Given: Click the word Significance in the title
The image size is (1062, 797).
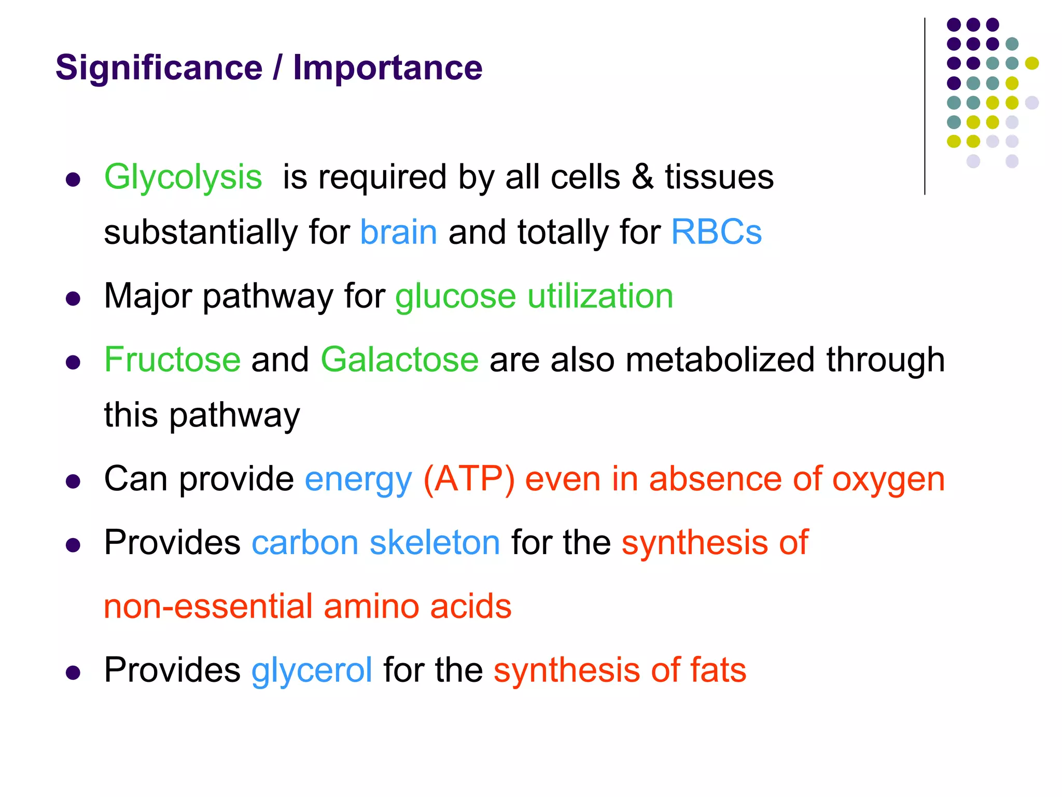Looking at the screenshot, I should tap(159, 68).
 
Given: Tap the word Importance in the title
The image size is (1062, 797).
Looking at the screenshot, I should tap(387, 68).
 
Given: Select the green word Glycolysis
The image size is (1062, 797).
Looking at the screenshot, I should tap(183, 177).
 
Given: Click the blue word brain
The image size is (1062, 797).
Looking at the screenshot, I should tap(398, 232).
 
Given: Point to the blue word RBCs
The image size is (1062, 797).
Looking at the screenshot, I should tap(716, 232).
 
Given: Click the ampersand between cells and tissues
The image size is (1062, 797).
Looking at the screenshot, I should tap(642, 177).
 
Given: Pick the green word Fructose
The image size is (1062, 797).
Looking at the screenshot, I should tap(172, 360).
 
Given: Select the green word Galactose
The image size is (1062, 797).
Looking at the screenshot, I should tap(399, 360).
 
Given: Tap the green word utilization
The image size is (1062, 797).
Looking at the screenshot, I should tap(600, 296).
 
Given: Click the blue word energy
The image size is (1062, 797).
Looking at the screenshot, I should tap(358, 479).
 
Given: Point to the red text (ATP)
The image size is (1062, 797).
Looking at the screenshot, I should tap(469, 479).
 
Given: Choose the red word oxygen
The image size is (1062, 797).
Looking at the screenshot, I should tap(888, 479).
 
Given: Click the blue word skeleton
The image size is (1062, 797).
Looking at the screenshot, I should tap(435, 543).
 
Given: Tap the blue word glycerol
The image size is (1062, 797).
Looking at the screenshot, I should tap(312, 670).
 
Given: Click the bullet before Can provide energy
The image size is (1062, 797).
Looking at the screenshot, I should tap(73, 482).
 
